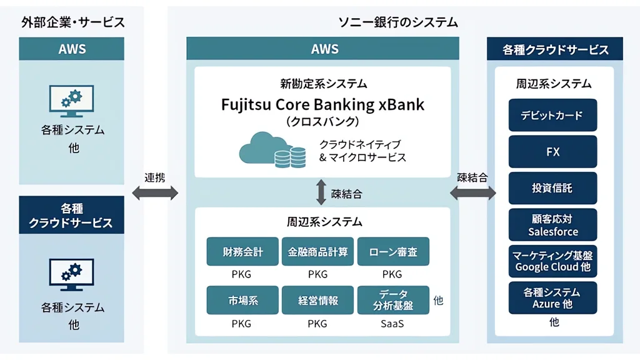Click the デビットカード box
point(552,115)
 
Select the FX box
point(552,152)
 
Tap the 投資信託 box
point(552,188)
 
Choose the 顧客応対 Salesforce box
point(552,225)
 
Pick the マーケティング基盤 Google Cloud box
point(552,261)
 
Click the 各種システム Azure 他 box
point(552,298)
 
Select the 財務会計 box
point(242,251)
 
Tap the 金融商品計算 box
point(317,251)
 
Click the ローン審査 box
point(393,251)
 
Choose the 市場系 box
point(242,300)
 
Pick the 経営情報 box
point(317,300)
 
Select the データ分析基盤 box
point(393,300)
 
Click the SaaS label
point(392,324)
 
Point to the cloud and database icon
point(272,150)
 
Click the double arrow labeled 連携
point(155,192)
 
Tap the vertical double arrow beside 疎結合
point(321,192)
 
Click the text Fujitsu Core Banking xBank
point(322,104)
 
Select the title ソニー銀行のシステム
point(398,22)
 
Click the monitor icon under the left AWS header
point(71,101)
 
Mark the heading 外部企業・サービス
point(73,22)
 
